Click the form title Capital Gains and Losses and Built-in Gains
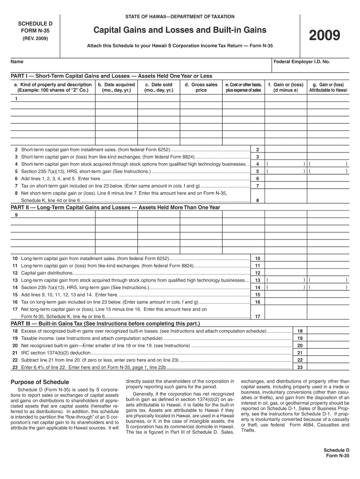180,30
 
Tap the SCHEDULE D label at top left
32,23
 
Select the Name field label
17,62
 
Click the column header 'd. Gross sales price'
201,87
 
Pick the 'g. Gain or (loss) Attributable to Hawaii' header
328,87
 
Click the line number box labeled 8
257,200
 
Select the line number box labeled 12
257,273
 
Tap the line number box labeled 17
257,316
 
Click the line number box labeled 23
300,367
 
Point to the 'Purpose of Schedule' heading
40,382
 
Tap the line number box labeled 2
257,149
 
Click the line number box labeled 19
300,338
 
